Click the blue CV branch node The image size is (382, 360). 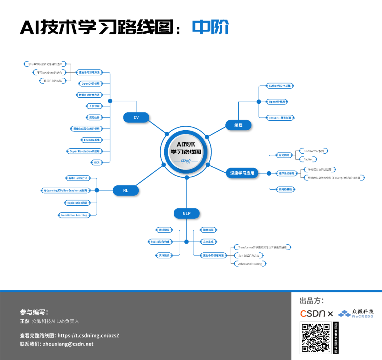point(136,118)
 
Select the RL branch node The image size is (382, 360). point(126,190)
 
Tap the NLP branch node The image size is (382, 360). point(186,213)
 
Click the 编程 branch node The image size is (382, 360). point(238,125)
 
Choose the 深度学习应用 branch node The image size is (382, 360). point(242,173)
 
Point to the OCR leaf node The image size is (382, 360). point(96,162)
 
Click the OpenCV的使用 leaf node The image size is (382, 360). point(91,84)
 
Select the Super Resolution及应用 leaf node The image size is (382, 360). point(85,151)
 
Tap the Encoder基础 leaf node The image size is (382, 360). point(92,140)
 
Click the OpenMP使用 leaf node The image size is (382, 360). point(277,102)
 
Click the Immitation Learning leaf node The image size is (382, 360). point(74,215)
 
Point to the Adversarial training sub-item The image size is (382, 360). point(250,264)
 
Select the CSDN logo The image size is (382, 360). point(313,313)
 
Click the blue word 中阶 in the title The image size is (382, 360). point(210,27)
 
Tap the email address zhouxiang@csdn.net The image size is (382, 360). point(68,344)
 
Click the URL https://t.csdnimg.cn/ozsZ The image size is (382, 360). point(88,335)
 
